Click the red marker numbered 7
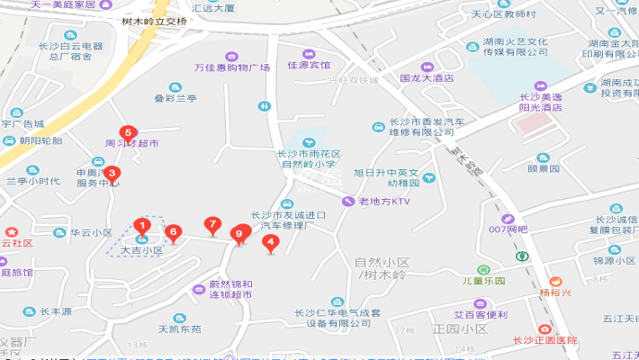click(x=212, y=224)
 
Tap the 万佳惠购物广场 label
click(x=232, y=67)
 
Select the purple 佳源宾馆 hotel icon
click(x=309, y=54)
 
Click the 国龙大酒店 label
click(x=427, y=78)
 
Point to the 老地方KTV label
click(x=383, y=202)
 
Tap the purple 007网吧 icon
click(x=508, y=219)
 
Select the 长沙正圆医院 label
click(x=544, y=340)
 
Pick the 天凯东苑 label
click(x=179, y=329)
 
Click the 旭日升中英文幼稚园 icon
click(x=427, y=178)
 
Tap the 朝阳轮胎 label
click(x=40, y=140)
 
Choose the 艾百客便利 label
click(x=480, y=315)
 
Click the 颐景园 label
click(x=544, y=168)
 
